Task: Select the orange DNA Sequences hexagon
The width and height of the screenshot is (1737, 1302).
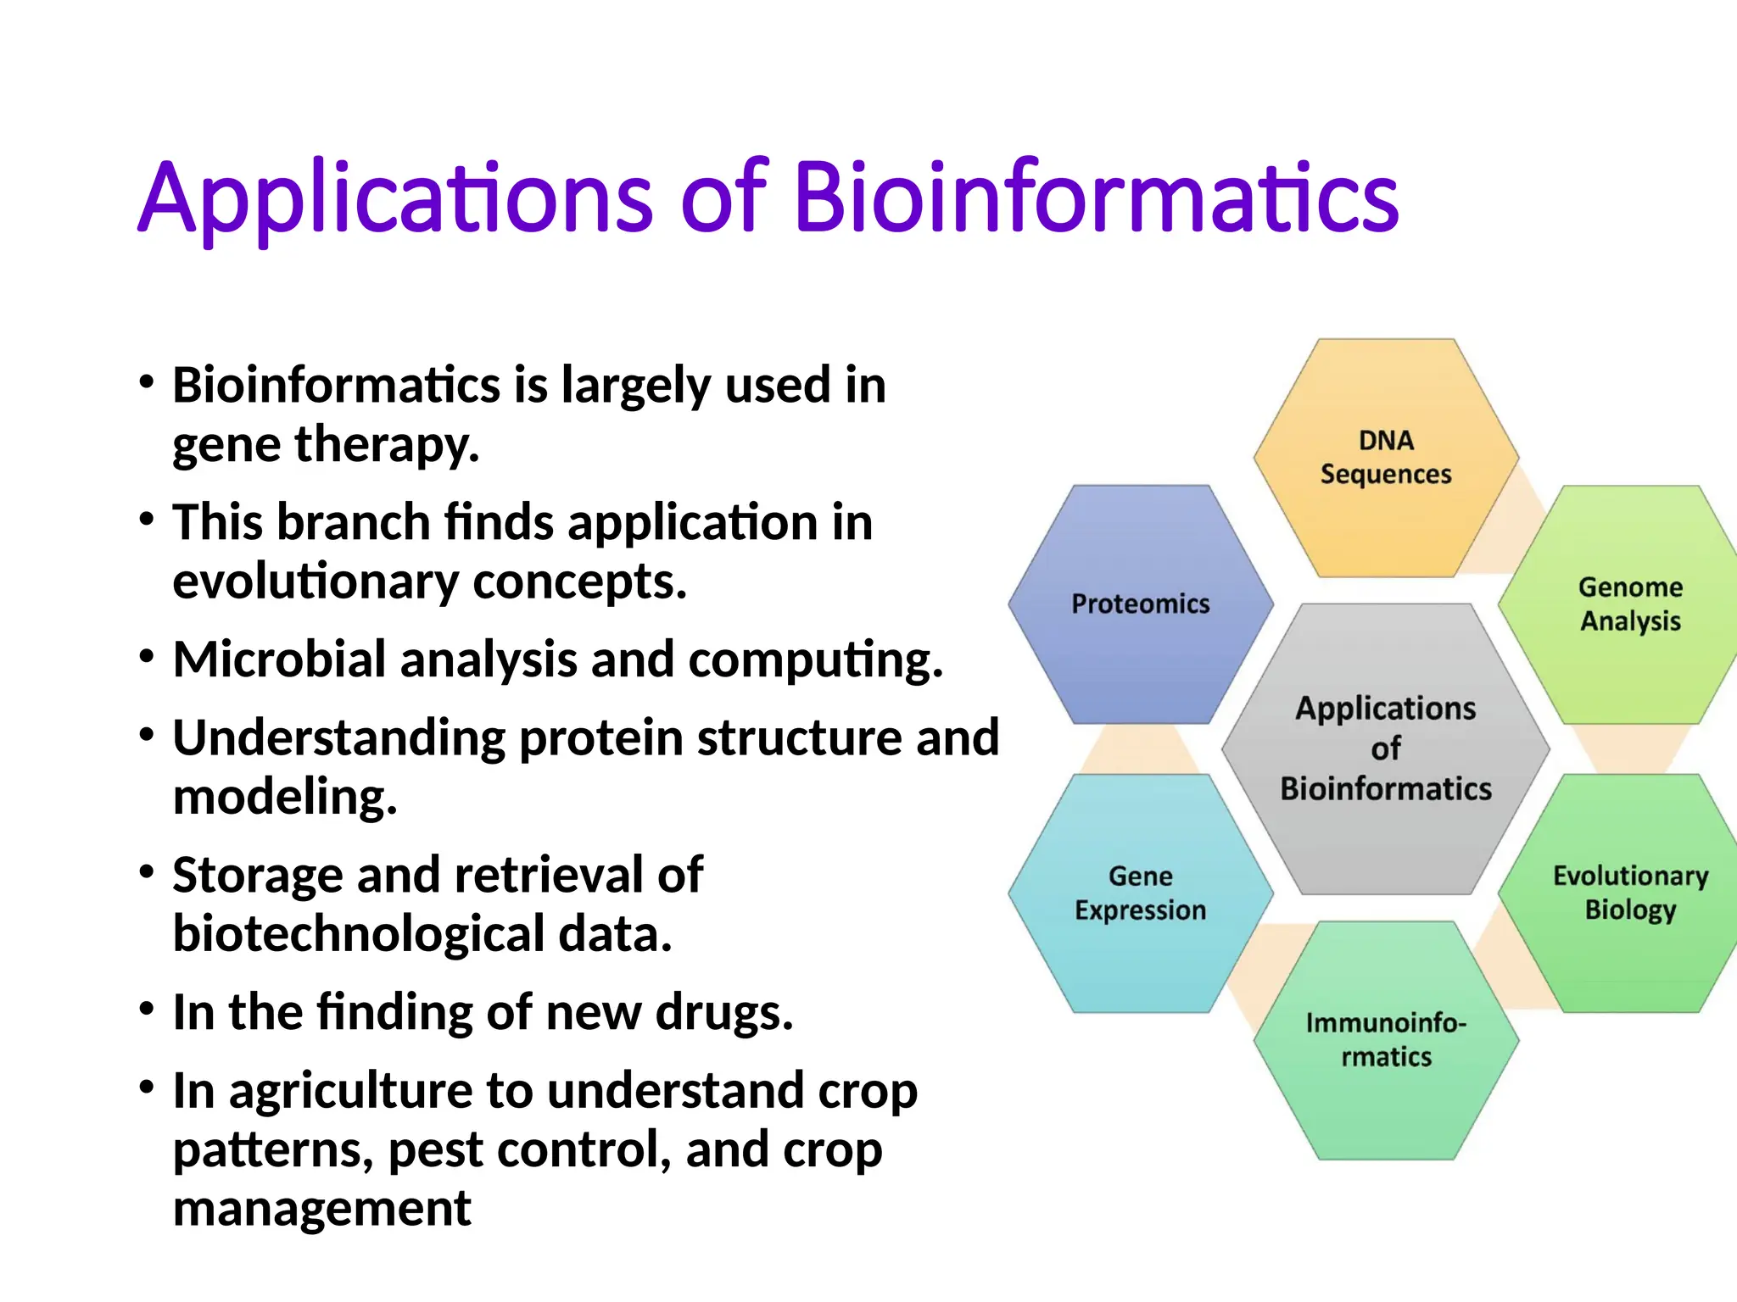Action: click(x=1386, y=458)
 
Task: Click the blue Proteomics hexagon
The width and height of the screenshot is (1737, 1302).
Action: click(x=1140, y=604)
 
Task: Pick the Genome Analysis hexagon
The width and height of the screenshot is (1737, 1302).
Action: click(x=1628, y=604)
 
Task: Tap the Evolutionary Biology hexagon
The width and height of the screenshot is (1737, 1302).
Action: click(x=1628, y=893)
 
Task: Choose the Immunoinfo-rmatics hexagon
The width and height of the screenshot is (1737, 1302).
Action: click(x=1386, y=1040)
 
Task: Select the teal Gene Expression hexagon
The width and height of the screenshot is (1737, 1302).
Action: click(x=1140, y=893)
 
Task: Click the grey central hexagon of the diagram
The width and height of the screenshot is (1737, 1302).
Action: click(x=1386, y=748)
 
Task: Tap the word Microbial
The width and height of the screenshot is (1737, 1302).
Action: click(x=280, y=659)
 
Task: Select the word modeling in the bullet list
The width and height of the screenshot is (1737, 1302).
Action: click(x=284, y=798)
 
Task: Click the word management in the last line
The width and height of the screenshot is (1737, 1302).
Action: click(x=321, y=1208)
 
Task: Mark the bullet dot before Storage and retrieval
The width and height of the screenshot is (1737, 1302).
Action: click(x=147, y=872)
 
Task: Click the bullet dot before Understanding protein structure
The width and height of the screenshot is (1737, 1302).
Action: click(x=147, y=735)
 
